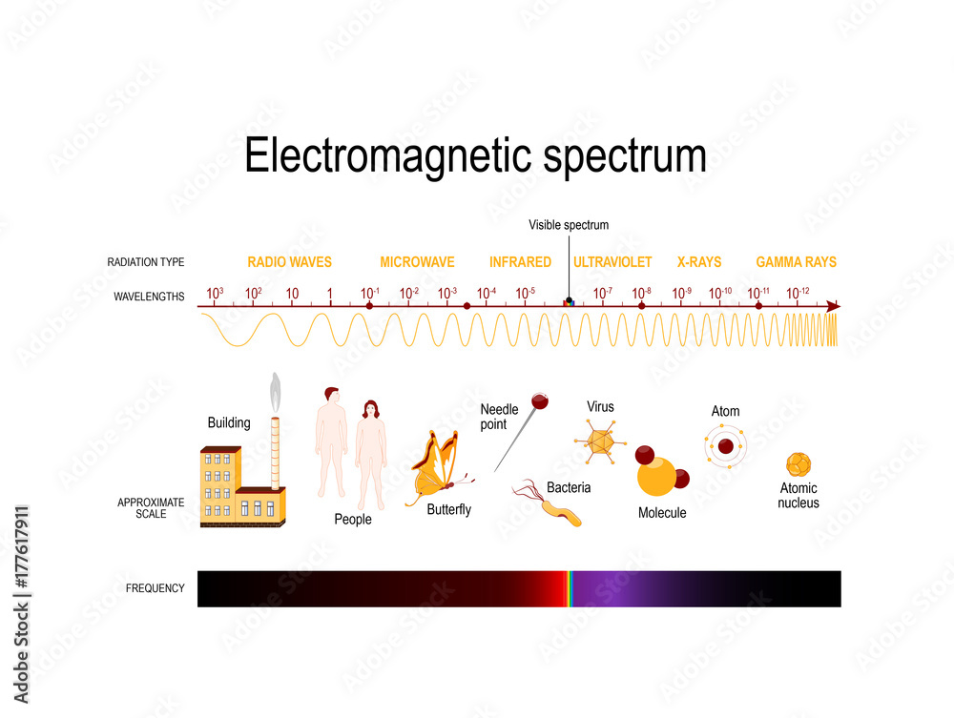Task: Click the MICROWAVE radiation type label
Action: (x=417, y=262)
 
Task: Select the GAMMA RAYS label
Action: (x=796, y=262)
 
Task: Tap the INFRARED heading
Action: (x=520, y=262)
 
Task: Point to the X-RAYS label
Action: (x=699, y=262)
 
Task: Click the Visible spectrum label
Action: (x=569, y=225)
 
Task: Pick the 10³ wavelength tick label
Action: (x=215, y=293)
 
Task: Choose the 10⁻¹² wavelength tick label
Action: (x=798, y=293)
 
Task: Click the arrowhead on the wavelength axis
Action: (x=833, y=306)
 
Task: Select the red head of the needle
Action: (x=539, y=397)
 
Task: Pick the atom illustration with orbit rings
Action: (x=725, y=445)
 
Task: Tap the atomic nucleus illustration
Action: (x=798, y=464)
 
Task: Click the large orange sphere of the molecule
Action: (x=656, y=476)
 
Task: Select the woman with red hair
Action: (x=370, y=452)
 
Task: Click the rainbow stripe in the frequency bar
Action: (x=569, y=588)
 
